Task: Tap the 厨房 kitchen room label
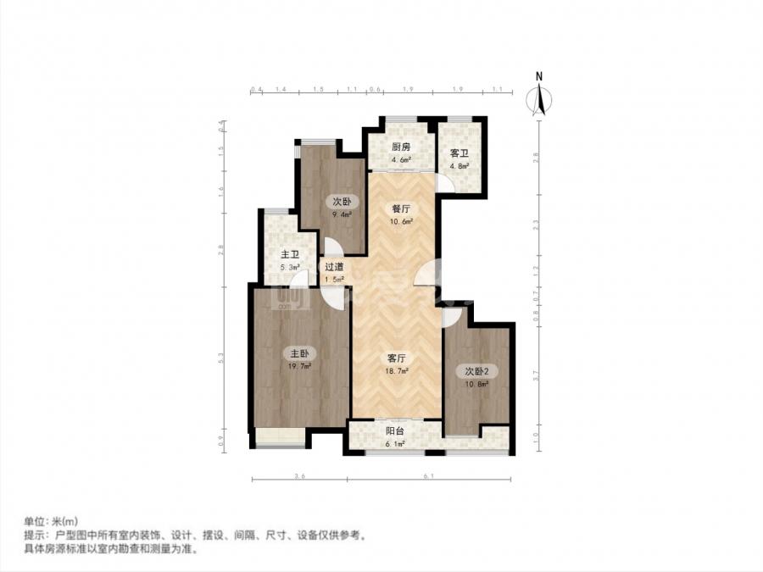coord(401,147)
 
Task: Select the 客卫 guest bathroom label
coord(459,153)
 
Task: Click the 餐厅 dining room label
coord(401,208)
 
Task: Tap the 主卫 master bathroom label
coord(290,255)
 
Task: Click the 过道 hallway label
coord(334,267)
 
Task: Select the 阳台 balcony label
coord(395,430)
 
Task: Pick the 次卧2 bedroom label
coord(476,371)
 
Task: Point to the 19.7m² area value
coord(299,367)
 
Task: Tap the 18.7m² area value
coord(398,372)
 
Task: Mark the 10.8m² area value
coord(476,385)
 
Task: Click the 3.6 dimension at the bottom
coord(299,478)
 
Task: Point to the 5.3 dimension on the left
coord(220,359)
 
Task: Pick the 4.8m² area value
coord(459,167)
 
